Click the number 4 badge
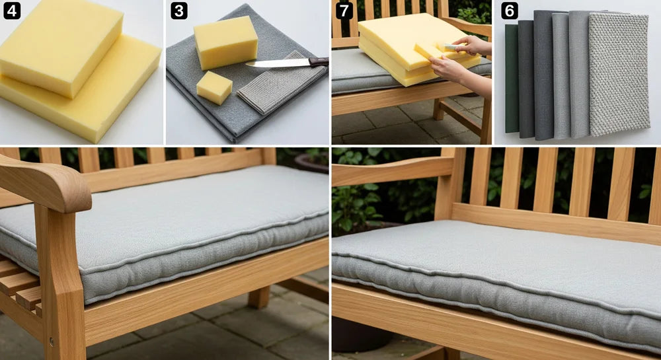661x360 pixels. click(11, 11)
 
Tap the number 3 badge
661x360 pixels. click(178, 11)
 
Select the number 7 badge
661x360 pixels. click(344, 11)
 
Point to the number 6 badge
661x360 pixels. click(509, 11)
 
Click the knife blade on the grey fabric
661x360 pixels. click(278, 63)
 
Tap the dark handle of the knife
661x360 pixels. click(319, 61)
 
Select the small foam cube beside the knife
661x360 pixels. click(214, 87)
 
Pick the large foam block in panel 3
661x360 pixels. click(225, 42)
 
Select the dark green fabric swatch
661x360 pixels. click(511, 79)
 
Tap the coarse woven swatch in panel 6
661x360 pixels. click(618, 73)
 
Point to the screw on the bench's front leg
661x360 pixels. click(51, 342)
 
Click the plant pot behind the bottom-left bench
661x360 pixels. click(311, 162)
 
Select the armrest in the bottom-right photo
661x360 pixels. click(390, 170)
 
